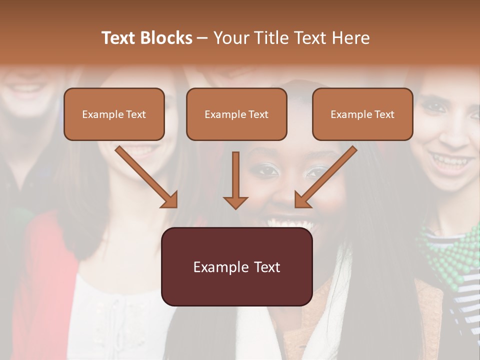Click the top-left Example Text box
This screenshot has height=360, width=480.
(114, 114)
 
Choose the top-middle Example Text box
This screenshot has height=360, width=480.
(236, 114)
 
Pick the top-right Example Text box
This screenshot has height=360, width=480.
(362, 114)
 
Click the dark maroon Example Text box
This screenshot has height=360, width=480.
(236, 266)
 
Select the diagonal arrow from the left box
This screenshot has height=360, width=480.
(145, 175)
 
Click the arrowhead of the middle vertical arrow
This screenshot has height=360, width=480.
(235, 202)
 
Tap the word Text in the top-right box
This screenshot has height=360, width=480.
(384, 114)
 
